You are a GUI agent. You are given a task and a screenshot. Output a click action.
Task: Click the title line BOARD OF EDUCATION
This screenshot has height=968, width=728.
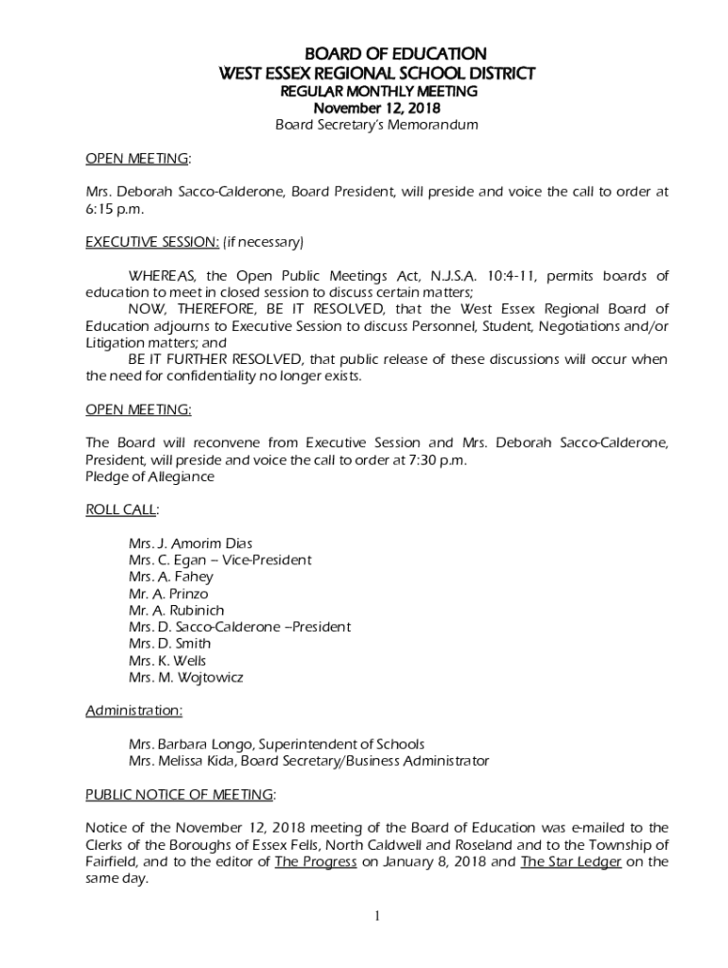coord(377,54)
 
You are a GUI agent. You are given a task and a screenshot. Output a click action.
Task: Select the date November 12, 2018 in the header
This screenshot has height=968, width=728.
coord(377,108)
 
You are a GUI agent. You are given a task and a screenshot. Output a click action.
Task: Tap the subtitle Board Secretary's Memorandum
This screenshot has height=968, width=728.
coord(377,125)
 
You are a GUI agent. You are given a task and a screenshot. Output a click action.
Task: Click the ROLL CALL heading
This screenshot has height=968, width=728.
coord(121,510)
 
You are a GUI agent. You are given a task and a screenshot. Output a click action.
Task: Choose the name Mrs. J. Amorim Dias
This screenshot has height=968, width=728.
coord(190,544)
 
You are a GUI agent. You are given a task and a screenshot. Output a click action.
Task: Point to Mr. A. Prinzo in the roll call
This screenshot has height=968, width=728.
coord(168,594)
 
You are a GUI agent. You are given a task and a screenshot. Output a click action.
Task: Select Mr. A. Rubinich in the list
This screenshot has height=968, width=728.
coord(176,610)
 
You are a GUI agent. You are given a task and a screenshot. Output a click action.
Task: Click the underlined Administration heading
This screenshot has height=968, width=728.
coord(134,710)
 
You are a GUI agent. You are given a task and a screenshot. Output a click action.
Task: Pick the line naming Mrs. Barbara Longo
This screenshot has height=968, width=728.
coord(276,744)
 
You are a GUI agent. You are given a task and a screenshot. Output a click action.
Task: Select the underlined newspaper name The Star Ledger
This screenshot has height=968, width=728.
coord(570,861)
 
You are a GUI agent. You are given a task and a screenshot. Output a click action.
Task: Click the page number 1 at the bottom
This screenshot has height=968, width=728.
coord(377,916)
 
